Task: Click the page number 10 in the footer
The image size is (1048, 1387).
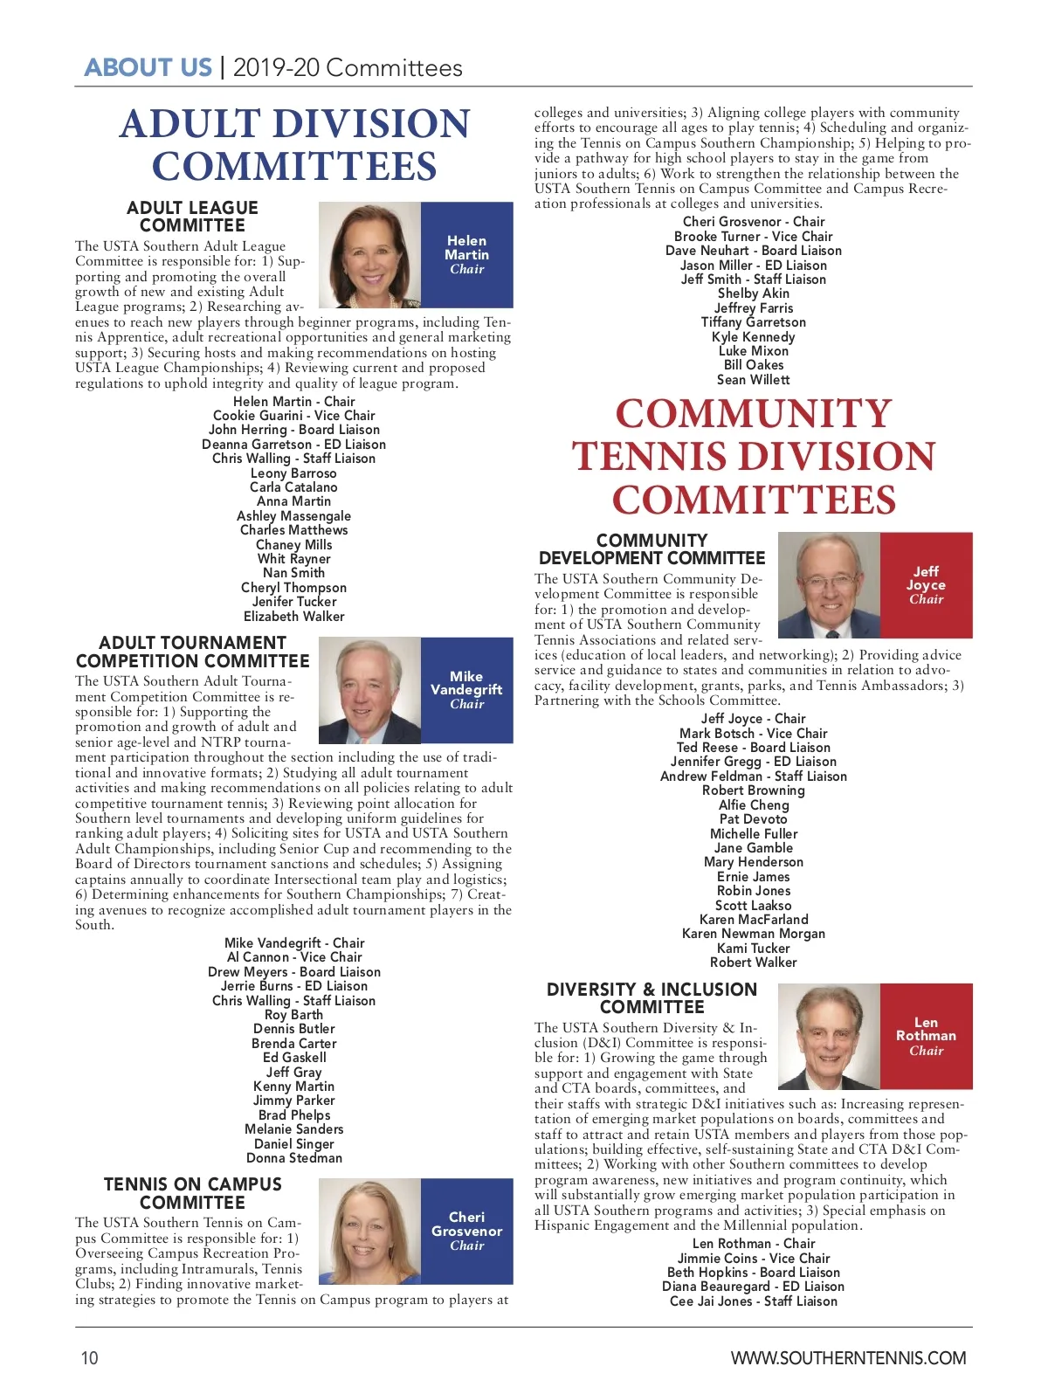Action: [90, 1357]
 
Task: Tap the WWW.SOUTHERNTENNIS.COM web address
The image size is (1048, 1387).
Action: [848, 1357]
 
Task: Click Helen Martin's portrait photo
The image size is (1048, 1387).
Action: [370, 254]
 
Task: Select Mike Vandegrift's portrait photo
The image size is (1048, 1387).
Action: [370, 690]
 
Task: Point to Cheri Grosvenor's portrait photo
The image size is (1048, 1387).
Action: [370, 1231]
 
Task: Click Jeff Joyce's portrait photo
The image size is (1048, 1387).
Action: [829, 584]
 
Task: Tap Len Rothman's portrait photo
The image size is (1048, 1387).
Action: [829, 1036]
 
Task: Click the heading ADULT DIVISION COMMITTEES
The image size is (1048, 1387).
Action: [294, 145]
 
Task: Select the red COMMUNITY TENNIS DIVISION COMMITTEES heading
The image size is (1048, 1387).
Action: [753, 457]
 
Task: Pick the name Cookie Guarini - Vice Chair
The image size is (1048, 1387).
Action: [294, 416]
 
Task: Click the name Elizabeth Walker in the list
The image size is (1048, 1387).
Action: [294, 617]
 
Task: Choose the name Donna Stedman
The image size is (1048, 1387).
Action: [294, 1158]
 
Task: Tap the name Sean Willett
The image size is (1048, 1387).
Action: [753, 380]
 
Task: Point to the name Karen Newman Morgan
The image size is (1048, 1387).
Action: [753, 934]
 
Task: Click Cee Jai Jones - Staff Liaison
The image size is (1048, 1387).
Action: [753, 1301]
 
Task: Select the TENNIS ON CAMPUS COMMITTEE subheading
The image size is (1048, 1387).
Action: [193, 1193]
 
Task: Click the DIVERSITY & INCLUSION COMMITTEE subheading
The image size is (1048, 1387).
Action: [652, 997]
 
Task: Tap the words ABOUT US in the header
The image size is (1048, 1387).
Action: [148, 68]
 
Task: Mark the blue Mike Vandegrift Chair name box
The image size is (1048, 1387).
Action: [467, 690]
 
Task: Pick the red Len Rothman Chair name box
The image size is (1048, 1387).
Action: [926, 1036]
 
